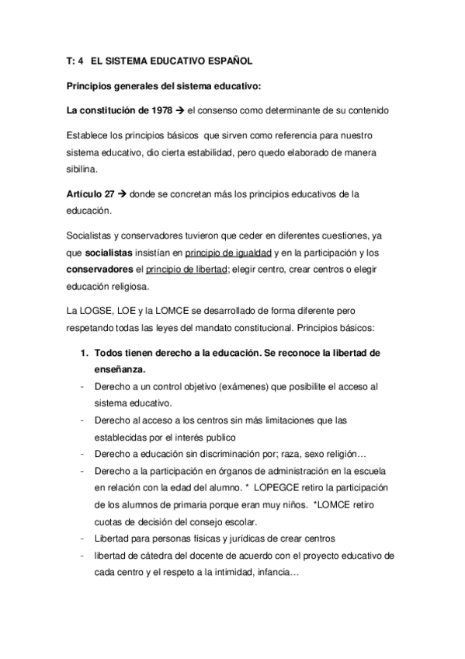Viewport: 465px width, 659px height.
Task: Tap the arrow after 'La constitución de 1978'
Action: (x=192, y=110)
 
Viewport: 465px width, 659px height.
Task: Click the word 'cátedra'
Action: (x=151, y=556)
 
